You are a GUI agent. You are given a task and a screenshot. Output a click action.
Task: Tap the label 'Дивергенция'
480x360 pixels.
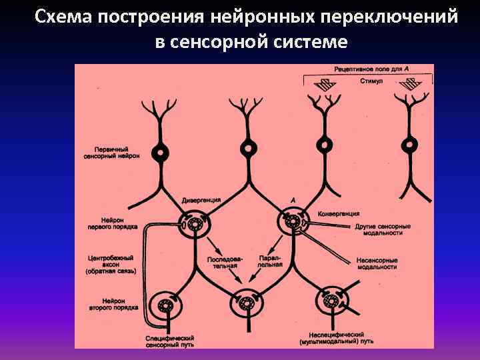coord(201,200)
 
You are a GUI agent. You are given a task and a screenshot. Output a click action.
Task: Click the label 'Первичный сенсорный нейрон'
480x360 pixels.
coord(113,153)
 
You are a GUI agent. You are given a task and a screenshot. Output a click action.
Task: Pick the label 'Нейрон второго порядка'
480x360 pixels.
coord(113,304)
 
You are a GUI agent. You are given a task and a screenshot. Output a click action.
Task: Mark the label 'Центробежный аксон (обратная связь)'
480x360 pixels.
coord(111,265)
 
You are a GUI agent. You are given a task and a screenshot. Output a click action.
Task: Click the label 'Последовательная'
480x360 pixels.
coord(222,261)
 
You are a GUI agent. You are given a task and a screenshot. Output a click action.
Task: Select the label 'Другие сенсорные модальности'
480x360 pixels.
coord(383,230)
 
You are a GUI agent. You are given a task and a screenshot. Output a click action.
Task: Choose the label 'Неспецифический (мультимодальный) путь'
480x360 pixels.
coord(336,337)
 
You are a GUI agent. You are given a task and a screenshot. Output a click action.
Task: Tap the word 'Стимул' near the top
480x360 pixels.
coord(371,81)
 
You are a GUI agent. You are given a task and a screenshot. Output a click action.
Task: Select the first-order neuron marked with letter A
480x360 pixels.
coord(292,223)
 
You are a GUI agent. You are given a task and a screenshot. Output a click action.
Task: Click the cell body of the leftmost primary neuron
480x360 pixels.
coord(161,151)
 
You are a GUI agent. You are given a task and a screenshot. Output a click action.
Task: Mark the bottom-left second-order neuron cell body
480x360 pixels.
coord(164,307)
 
